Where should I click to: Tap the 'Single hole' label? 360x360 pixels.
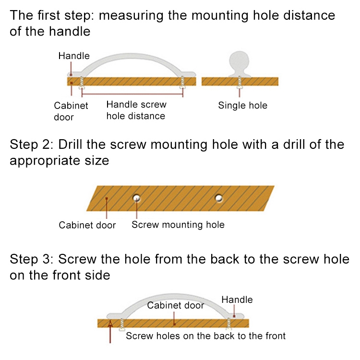(242, 106)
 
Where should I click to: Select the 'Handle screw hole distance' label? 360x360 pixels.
(136, 110)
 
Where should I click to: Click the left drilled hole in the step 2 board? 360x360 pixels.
(137, 197)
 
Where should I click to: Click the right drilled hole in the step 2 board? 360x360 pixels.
(219, 197)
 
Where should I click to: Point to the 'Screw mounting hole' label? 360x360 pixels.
(178, 225)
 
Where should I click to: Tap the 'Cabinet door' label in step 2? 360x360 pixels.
(87, 225)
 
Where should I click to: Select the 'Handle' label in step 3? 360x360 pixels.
(237, 300)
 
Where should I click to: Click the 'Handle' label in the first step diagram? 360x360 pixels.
(74, 56)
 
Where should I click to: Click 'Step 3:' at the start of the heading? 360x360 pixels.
(32, 259)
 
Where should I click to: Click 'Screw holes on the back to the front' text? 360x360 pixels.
(205, 336)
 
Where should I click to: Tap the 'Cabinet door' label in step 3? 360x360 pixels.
(175, 305)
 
